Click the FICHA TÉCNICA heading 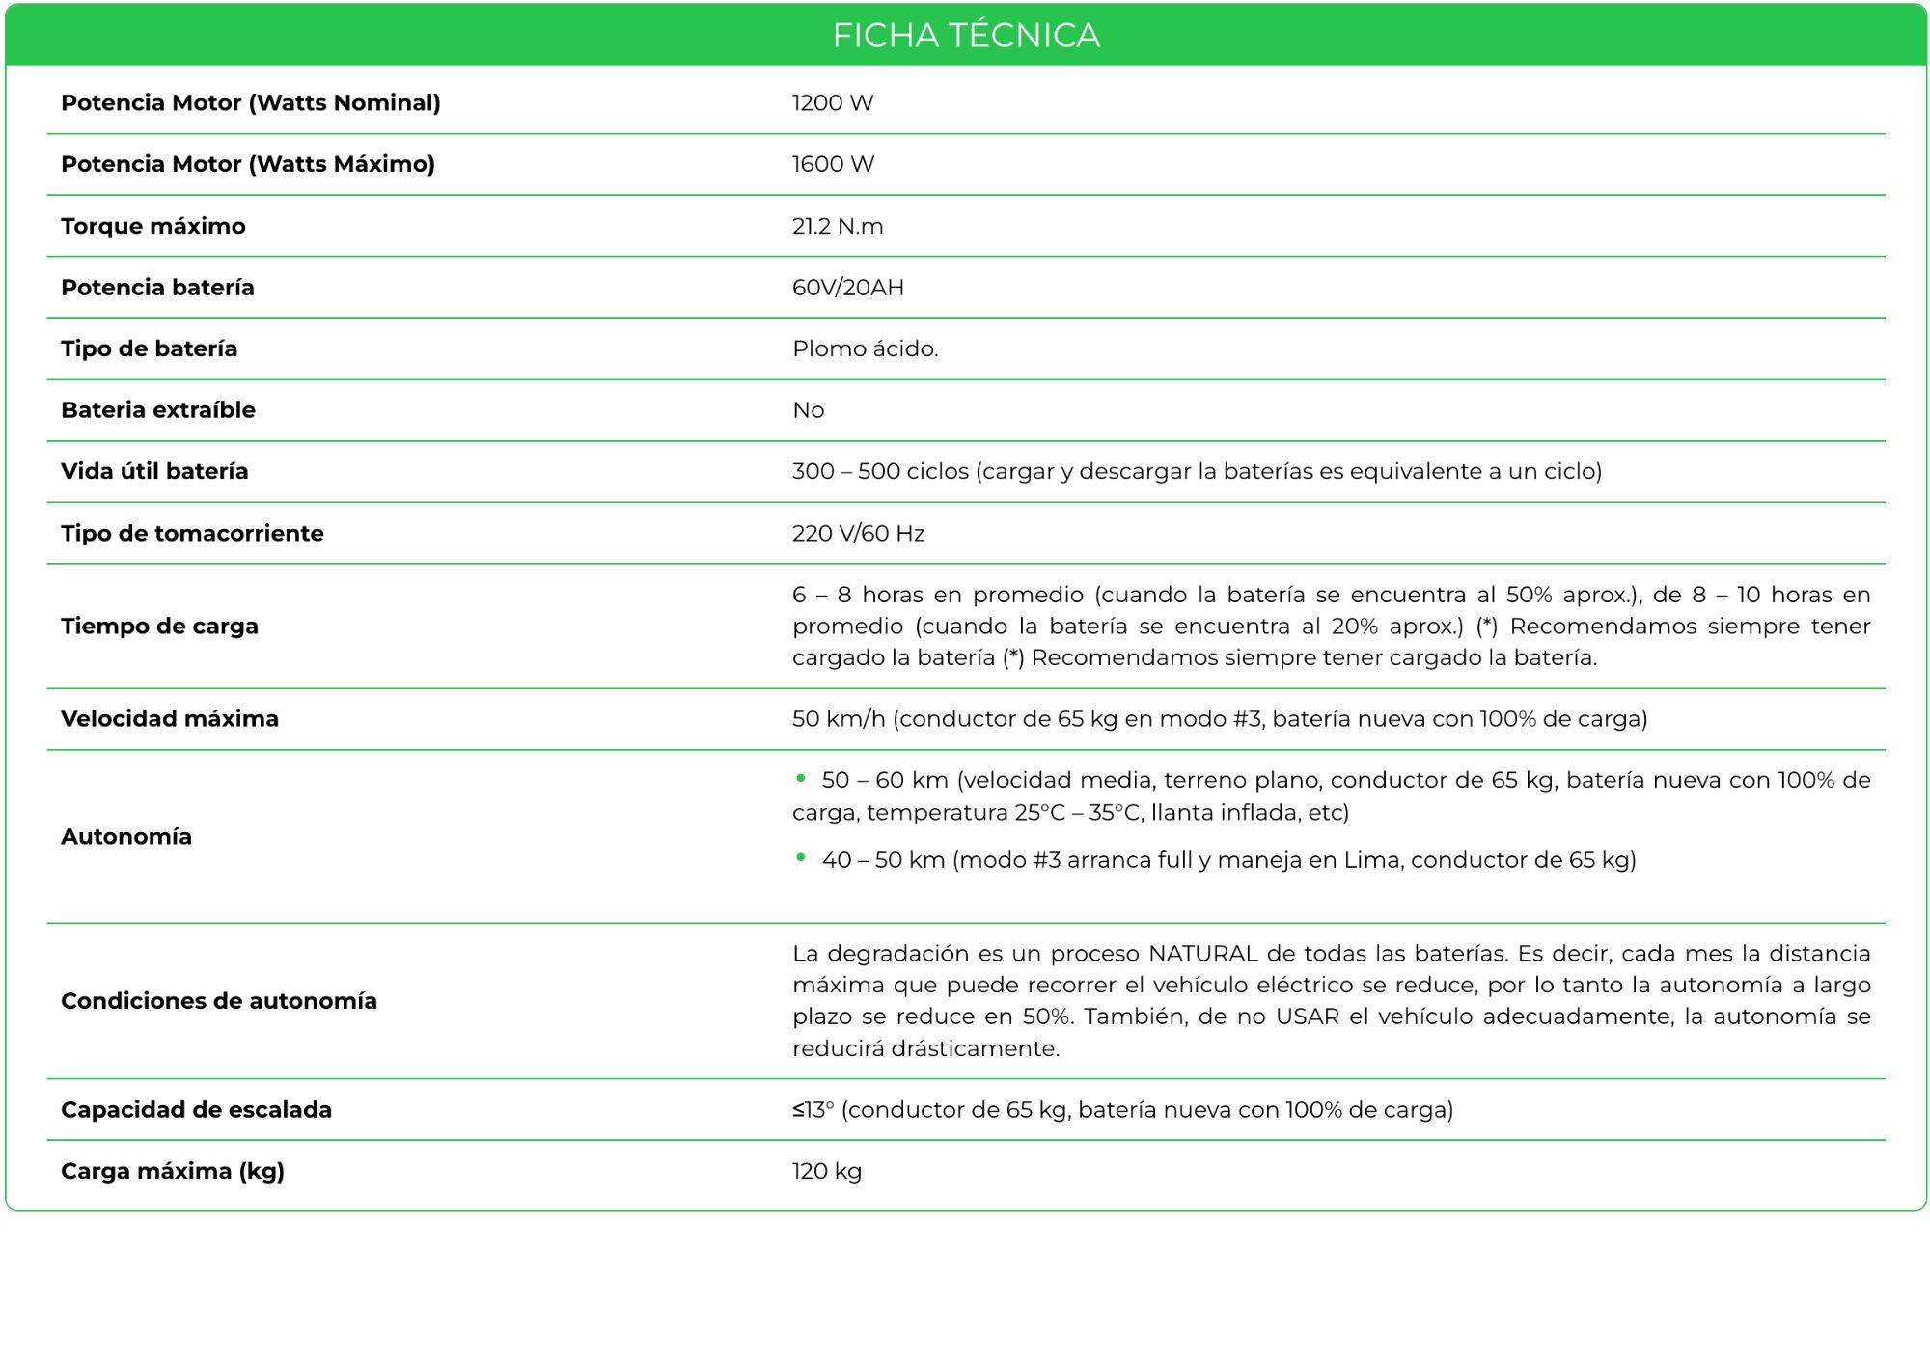pyautogui.click(x=966, y=36)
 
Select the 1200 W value pyautogui.click(x=833, y=103)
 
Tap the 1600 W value pyautogui.click(x=833, y=164)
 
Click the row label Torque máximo pyautogui.click(x=153, y=226)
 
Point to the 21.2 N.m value pyautogui.click(x=838, y=226)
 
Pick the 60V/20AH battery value pyautogui.click(x=848, y=288)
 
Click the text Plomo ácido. pyautogui.click(x=865, y=348)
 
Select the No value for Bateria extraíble pyautogui.click(x=809, y=410)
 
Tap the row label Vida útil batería pyautogui.click(x=154, y=471)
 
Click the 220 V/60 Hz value pyautogui.click(x=859, y=533)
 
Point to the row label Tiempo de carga pyautogui.click(x=159, y=627)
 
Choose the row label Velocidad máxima pyautogui.click(x=170, y=719)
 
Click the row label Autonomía pyautogui.click(x=126, y=837)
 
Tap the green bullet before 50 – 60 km pyautogui.click(x=801, y=778)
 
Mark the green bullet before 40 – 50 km pyautogui.click(x=801, y=857)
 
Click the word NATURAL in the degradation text pyautogui.click(x=1202, y=954)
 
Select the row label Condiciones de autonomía pyautogui.click(x=219, y=1001)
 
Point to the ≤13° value pyautogui.click(x=813, y=1110)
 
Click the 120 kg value pyautogui.click(x=827, y=1171)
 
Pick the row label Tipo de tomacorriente pyautogui.click(x=192, y=533)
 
